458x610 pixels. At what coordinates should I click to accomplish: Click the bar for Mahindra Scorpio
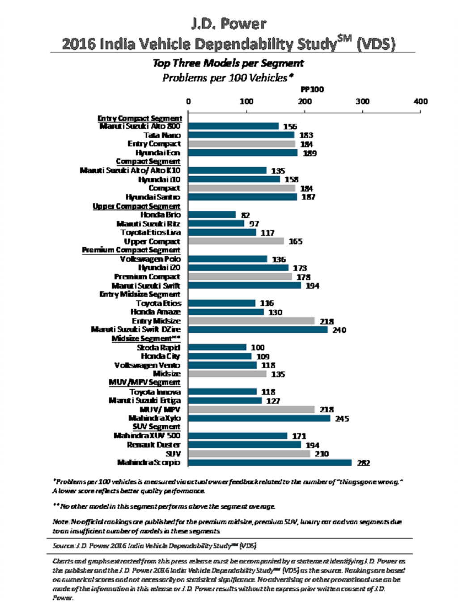tap(270, 462)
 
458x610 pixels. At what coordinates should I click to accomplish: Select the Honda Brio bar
tap(212, 215)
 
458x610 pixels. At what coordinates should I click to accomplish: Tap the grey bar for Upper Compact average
tap(236, 241)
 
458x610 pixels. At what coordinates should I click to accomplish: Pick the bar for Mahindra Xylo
tap(259, 418)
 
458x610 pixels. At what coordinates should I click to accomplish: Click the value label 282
tap(363, 463)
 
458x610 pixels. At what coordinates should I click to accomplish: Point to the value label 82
tap(246, 215)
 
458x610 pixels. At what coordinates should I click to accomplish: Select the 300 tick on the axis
tap(362, 101)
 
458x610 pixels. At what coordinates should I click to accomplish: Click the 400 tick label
tap(420, 101)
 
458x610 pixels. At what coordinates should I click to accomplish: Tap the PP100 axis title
tap(312, 90)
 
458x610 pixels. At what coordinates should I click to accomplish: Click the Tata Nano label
tap(162, 135)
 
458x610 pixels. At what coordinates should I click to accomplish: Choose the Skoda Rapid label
tap(158, 347)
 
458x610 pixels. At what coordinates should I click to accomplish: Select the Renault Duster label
tap(153, 445)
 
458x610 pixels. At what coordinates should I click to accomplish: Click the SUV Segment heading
tap(156, 427)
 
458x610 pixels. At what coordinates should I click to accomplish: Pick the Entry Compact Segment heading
tap(140, 118)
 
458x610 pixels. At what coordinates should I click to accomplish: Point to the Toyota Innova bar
tap(223, 392)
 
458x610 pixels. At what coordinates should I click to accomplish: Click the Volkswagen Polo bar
tap(228, 259)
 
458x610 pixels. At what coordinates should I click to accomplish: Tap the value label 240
tap(339, 330)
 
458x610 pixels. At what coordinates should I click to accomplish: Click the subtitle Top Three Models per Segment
tap(228, 63)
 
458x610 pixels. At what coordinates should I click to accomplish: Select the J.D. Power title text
tap(229, 23)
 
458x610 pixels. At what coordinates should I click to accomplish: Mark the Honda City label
tap(160, 356)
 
